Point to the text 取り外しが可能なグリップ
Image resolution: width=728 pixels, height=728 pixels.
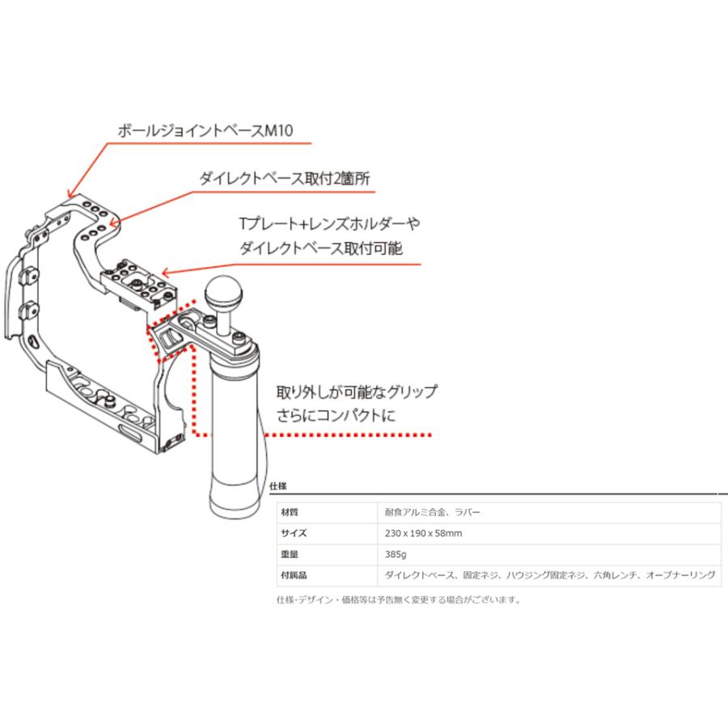pos(357,392)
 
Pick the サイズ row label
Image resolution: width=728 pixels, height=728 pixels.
pos(294,534)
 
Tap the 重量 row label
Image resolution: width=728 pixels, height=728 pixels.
pos(289,555)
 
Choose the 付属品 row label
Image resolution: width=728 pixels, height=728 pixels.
pos(294,576)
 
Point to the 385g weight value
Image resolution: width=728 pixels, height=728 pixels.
pos(396,555)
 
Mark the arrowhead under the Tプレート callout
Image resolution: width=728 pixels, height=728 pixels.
pos(164,273)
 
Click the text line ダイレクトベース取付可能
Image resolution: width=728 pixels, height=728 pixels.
pos(332,248)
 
